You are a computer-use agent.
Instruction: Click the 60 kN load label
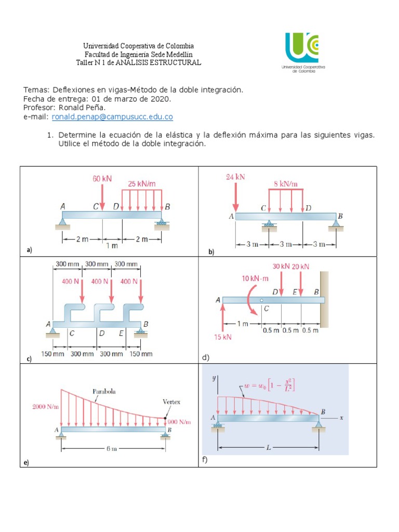102,179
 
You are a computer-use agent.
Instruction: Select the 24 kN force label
235,177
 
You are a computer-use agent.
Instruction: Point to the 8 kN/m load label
286,184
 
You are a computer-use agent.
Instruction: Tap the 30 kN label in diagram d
281,267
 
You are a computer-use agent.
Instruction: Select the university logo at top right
302,52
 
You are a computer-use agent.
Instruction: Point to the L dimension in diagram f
268,447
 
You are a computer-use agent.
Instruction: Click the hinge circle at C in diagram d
262,300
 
